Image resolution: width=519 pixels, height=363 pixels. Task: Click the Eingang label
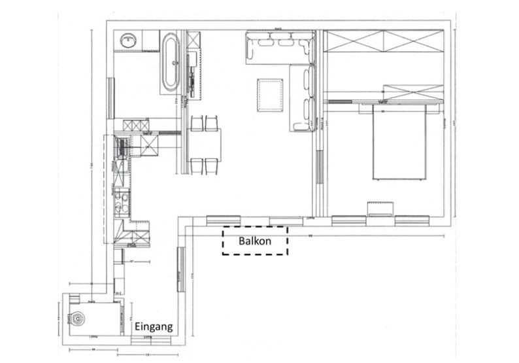point(153,325)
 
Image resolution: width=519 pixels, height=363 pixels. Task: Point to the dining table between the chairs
point(205,145)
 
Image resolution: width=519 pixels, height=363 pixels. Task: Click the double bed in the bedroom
point(401,143)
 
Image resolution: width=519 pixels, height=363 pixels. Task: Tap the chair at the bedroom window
point(381,209)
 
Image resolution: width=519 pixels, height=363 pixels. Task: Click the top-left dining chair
point(197,123)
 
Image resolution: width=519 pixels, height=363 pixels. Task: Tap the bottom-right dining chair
point(212,166)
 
